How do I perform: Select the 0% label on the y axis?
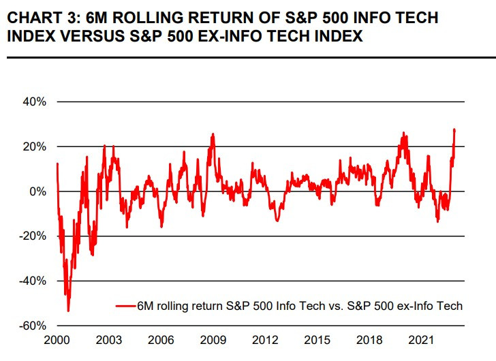click(38, 191)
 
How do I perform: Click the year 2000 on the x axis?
click(57, 339)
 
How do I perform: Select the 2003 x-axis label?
click(108, 339)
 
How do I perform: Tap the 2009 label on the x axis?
click(213, 339)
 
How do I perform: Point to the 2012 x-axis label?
click(265, 339)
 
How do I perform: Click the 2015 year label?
click(317, 339)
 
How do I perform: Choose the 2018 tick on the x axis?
click(369, 339)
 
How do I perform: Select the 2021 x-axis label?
click(421, 339)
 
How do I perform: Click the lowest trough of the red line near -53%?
click(68, 311)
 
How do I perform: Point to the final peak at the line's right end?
click(454, 129)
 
